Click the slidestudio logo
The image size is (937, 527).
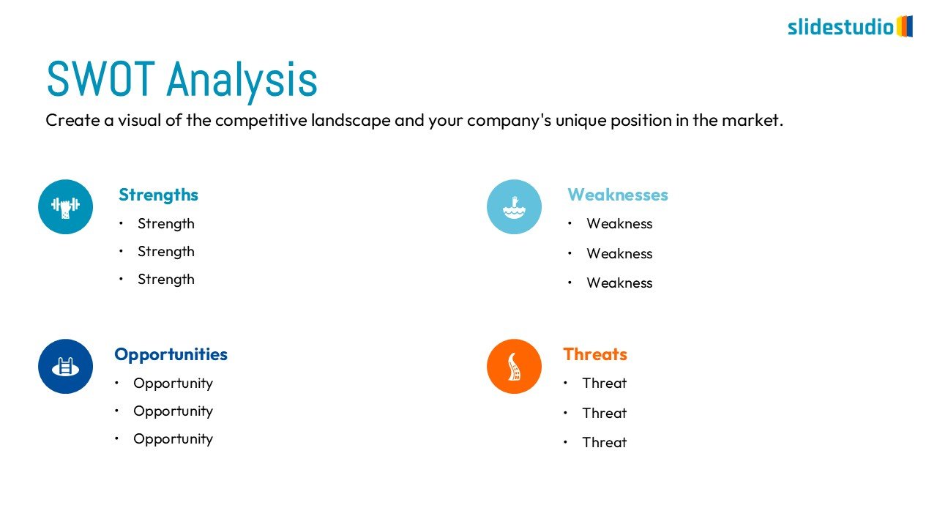pos(850,27)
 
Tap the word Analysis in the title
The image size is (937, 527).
pos(242,81)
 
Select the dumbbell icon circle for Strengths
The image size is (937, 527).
pos(65,206)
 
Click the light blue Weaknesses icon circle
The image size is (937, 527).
pos(514,206)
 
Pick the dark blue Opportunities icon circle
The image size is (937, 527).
pos(65,367)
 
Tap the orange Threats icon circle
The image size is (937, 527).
pos(514,367)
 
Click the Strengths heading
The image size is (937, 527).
pos(158,195)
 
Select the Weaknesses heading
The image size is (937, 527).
pos(617,195)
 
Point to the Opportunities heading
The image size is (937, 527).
pos(171,355)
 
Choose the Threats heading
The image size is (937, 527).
pos(595,354)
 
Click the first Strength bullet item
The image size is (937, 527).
pos(165,224)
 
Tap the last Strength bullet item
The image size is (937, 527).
pos(165,280)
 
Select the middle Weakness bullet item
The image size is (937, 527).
pos(619,253)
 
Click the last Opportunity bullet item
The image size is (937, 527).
pos(173,439)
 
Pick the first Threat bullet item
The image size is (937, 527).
pos(605,383)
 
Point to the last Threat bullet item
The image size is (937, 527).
pos(605,443)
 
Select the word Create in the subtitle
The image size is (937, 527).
pos(72,121)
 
